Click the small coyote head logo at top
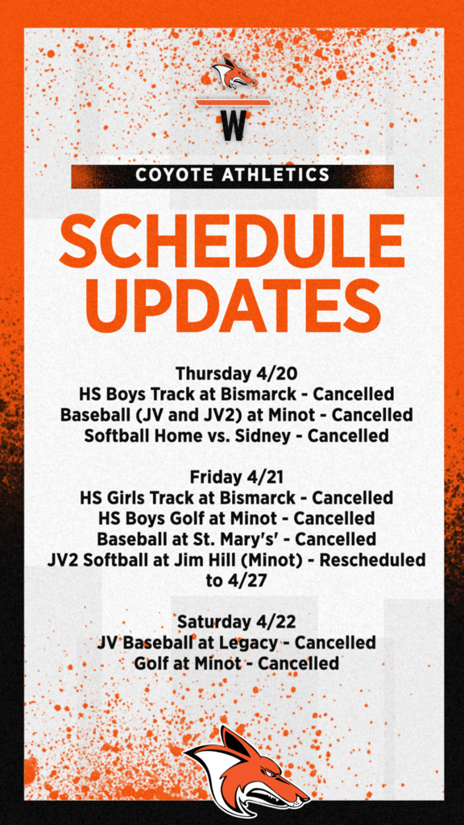234,73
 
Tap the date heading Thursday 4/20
236,374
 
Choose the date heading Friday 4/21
236,477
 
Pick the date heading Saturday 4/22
236,622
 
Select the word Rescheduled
372,561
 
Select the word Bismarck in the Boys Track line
261,393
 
